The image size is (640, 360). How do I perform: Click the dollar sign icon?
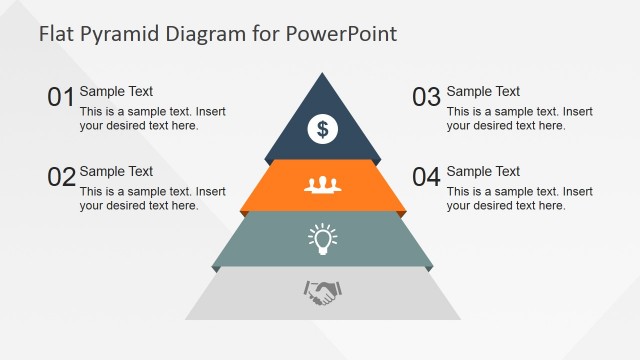[x=322, y=128]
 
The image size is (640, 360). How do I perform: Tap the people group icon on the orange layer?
[x=322, y=184]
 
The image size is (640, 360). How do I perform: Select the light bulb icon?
[x=322, y=238]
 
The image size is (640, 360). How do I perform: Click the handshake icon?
[x=322, y=292]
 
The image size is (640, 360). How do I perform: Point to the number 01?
[x=61, y=97]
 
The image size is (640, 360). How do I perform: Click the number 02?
[x=61, y=177]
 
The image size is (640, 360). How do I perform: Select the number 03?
[x=427, y=97]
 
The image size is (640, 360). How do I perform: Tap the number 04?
[x=427, y=177]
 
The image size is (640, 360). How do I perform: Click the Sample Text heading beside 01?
[x=116, y=91]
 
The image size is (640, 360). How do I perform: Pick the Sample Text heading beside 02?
[x=116, y=171]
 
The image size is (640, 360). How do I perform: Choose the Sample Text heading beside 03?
[x=483, y=91]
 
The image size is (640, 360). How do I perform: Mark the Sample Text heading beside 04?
[x=483, y=171]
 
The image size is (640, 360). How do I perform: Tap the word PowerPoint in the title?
[x=341, y=34]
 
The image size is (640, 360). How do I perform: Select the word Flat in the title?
[x=56, y=34]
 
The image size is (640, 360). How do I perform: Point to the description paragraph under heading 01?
[x=152, y=119]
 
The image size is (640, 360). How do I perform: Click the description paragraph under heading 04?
[x=519, y=199]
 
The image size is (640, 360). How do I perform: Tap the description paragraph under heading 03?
[x=519, y=119]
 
